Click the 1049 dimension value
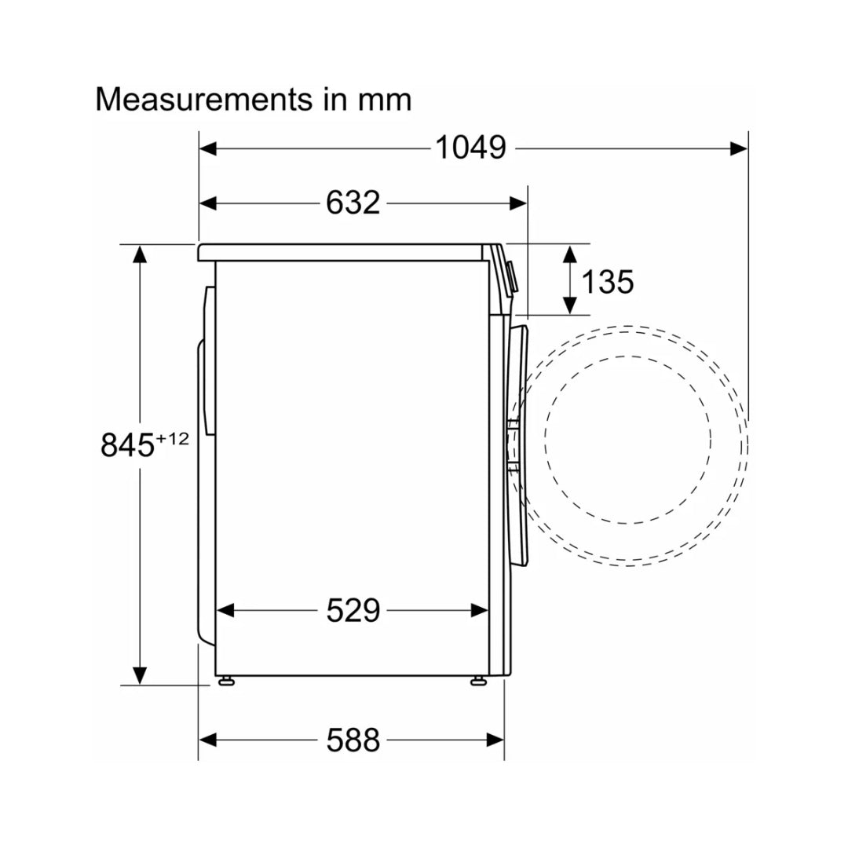click(470, 148)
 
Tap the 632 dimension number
click(353, 203)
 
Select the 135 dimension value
click(607, 282)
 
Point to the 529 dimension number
click(353, 611)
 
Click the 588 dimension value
click(353, 740)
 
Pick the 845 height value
click(128, 445)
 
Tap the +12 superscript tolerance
click(173, 439)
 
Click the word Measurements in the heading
click(204, 100)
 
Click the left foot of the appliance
click(226, 680)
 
